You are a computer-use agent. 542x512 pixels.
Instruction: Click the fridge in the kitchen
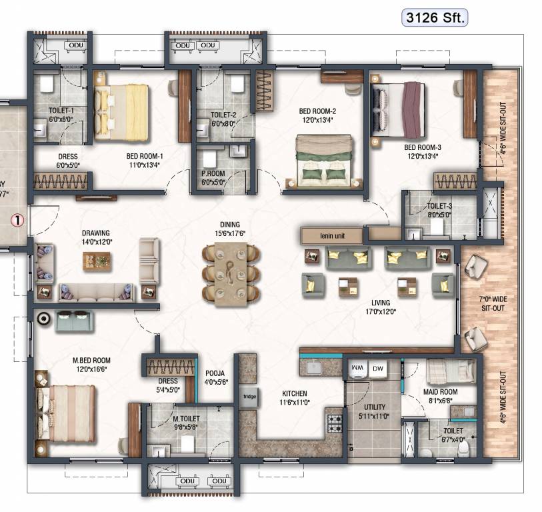[249, 396]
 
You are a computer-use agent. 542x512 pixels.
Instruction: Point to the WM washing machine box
[357, 367]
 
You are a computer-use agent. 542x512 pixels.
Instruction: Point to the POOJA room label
[215, 373]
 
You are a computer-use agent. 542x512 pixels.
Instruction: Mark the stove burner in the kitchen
[333, 422]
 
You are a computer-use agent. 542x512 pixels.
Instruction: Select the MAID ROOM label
[440, 392]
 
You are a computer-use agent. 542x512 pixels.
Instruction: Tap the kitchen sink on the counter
[312, 367]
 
